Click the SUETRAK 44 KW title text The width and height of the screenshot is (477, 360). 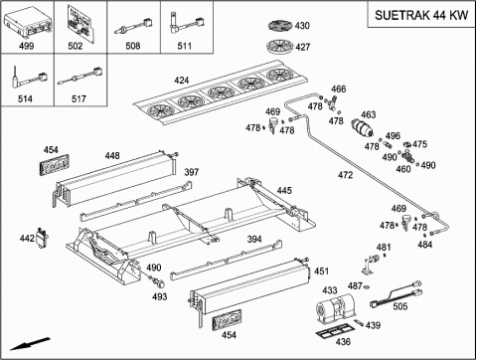click(x=421, y=15)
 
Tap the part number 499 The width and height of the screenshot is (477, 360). click(x=26, y=46)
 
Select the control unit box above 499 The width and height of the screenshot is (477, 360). click(x=28, y=22)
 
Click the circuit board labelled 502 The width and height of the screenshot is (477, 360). click(x=79, y=24)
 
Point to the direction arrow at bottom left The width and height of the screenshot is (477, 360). click(x=30, y=344)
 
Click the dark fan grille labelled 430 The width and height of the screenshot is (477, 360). click(x=280, y=26)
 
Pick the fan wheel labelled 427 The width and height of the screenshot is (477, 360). click(x=280, y=47)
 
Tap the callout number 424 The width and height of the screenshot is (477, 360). click(x=182, y=81)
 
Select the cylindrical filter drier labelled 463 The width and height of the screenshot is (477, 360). click(x=362, y=128)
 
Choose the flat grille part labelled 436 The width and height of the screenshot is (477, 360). click(x=332, y=332)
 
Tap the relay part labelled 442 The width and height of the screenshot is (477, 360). click(x=42, y=238)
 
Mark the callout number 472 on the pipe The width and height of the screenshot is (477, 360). click(x=346, y=175)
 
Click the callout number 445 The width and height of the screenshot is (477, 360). click(x=284, y=191)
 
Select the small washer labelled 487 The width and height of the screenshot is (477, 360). click(x=367, y=286)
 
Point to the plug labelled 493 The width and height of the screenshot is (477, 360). click(x=160, y=282)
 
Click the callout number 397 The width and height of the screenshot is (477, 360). click(x=192, y=172)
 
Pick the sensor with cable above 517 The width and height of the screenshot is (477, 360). click(x=80, y=77)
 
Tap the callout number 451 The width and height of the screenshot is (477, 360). click(x=321, y=271)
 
